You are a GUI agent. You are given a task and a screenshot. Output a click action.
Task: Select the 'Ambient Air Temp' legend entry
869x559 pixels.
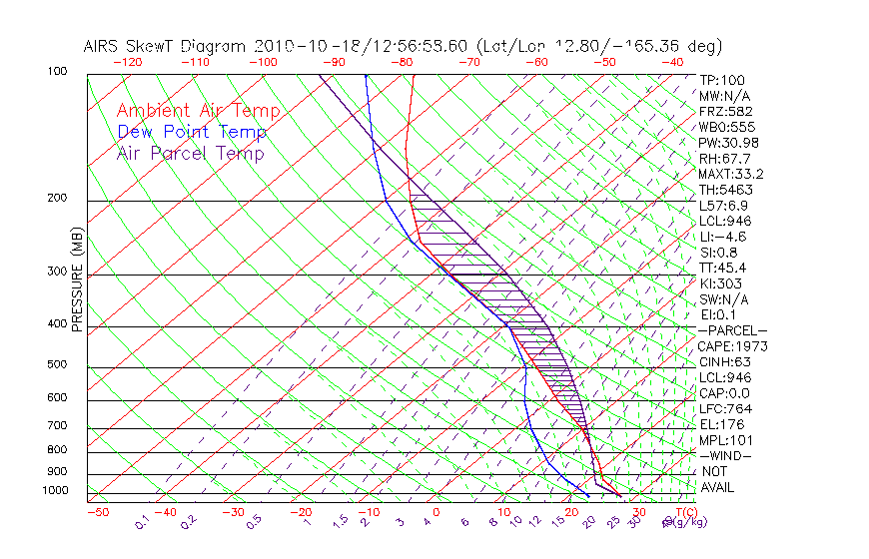(x=198, y=111)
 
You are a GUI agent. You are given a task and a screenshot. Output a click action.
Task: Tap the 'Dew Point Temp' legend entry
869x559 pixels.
(x=191, y=132)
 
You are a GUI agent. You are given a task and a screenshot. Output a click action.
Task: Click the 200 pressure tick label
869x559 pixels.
(x=58, y=198)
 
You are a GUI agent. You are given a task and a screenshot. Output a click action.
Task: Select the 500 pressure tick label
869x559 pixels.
(x=58, y=365)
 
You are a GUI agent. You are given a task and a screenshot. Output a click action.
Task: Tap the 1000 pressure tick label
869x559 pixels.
(x=56, y=491)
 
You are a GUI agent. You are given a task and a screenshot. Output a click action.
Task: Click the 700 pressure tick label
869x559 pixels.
(x=58, y=427)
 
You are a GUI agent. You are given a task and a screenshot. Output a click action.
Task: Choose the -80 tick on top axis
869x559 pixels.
(x=403, y=62)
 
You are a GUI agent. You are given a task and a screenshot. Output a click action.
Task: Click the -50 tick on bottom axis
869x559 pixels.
(x=97, y=513)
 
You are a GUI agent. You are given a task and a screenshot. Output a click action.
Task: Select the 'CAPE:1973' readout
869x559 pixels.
(x=730, y=346)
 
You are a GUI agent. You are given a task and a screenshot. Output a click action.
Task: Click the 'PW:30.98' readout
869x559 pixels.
(x=726, y=143)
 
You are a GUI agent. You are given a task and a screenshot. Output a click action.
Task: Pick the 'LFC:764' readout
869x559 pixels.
(x=724, y=408)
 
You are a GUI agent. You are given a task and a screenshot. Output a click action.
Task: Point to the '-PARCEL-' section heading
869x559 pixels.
(x=732, y=330)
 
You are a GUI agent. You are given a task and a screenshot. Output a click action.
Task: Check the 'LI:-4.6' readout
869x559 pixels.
(x=723, y=237)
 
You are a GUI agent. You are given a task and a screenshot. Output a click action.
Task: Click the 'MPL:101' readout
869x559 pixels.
(x=725, y=440)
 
